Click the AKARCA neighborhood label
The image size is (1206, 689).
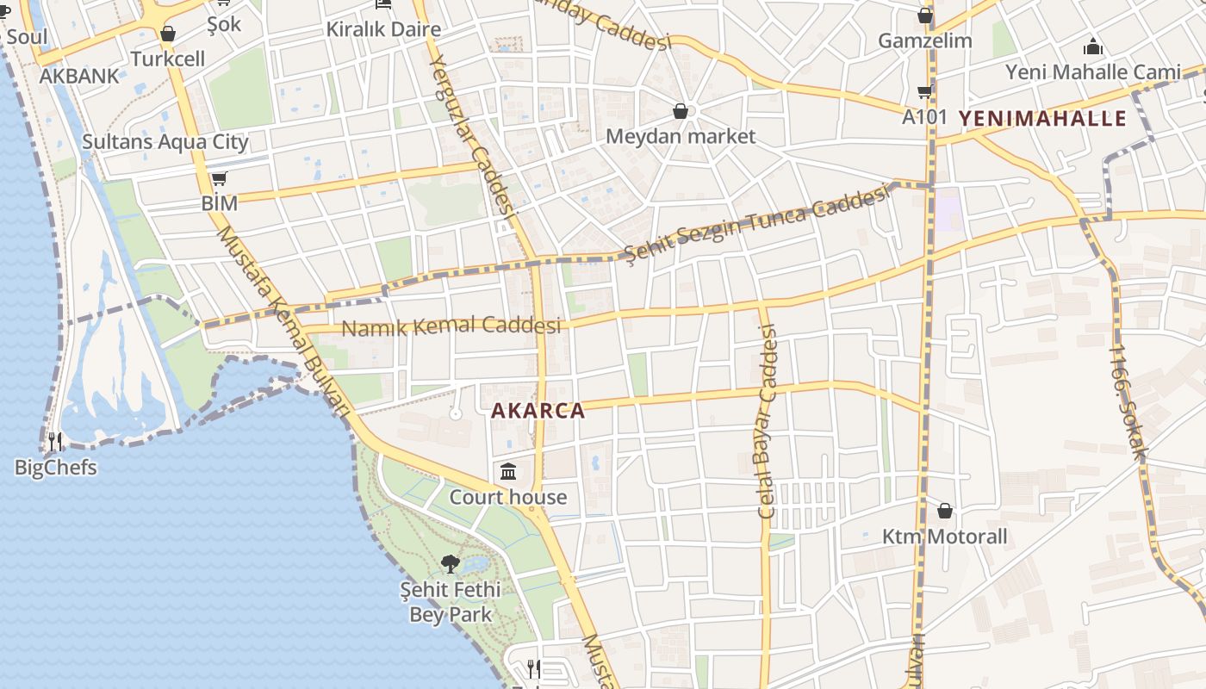[x=538, y=411]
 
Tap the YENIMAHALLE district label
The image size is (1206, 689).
[x=1042, y=118]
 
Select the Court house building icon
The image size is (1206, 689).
[x=508, y=472]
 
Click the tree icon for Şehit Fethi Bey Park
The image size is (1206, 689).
[x=450, y=564]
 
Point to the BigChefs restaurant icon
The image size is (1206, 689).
[x=54, y=443]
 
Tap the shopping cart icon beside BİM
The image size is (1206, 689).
[x=219, y=179]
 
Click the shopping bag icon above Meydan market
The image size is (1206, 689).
[x=681, y=111]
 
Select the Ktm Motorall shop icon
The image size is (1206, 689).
[x=945, y=511]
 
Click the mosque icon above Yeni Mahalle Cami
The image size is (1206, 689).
[x=1093, y=47]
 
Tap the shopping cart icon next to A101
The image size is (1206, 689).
[x=925, y=91]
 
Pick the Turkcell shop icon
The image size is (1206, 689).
[x=168, y=34]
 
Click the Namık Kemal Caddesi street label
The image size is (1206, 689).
[x=451, y=326]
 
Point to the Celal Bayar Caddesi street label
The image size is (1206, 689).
[x=765, y=422]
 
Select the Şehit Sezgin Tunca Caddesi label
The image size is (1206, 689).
[x=755, y=224]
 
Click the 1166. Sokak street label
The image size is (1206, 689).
[x=1128, y=400]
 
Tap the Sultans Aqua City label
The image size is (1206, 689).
[x=165, y=142]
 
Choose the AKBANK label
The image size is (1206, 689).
[x=79, y=76]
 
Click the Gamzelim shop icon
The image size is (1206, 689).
[x=925, y=16]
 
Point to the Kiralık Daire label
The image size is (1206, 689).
[x=383, y=29]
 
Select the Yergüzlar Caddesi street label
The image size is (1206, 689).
[x=471, y=133]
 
